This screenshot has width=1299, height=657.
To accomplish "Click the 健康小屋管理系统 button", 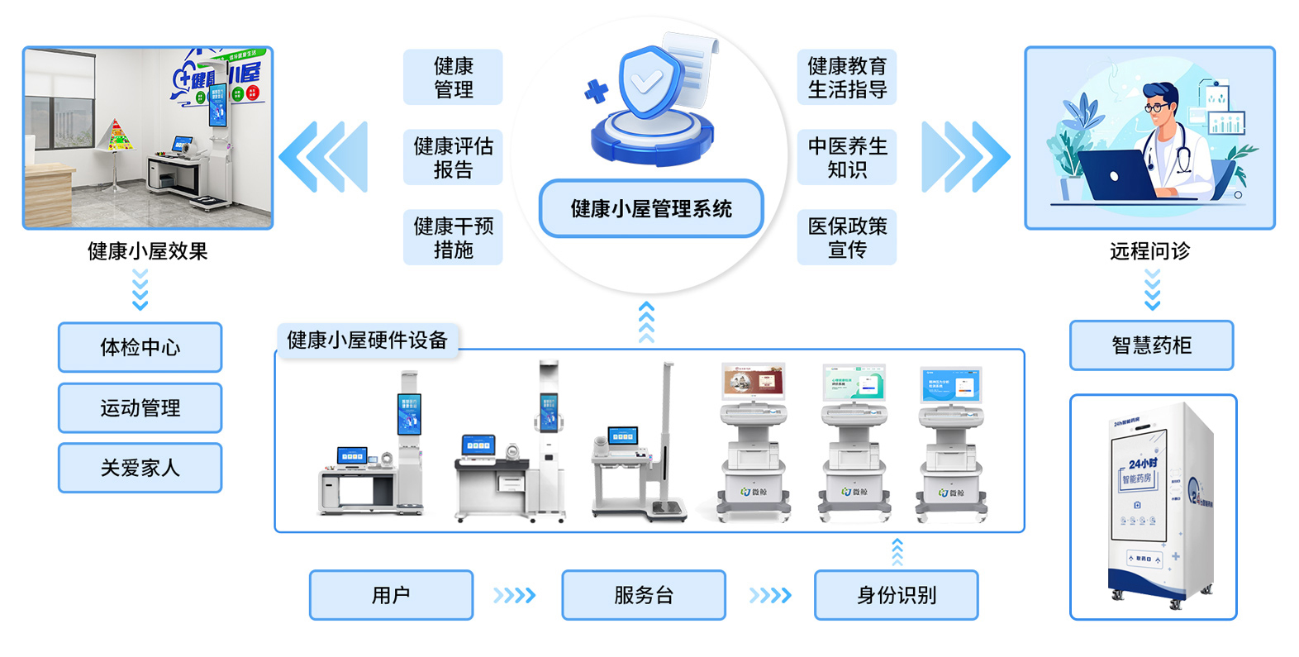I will (651, 209).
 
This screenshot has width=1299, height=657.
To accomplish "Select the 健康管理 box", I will (453, 77).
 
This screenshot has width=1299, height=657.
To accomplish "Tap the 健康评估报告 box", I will (453, 157).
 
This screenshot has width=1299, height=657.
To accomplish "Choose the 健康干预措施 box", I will (453, 237).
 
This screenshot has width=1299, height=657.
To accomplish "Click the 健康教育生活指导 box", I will (847, 77).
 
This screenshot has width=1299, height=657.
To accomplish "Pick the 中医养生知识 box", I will (847, 157).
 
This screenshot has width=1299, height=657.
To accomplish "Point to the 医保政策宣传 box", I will (847, 237).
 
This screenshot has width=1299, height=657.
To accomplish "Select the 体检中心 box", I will (140, 347).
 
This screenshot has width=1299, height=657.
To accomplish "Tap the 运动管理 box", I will (140, 407).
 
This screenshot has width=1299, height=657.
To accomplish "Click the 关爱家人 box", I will (140, 468).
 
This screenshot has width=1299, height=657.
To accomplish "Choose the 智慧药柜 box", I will (1151, 345).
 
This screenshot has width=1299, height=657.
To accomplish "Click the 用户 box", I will (391, 595).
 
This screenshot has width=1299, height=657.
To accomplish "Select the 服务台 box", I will (644, 595).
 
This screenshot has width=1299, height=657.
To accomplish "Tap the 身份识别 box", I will (897, 595).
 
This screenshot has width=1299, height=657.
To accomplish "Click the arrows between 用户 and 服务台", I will (514, 595).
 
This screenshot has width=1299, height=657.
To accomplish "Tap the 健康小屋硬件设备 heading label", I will (367, 340).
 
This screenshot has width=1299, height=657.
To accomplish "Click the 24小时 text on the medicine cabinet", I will (1143, 463).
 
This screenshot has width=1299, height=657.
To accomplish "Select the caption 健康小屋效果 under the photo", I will (147, 251).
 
